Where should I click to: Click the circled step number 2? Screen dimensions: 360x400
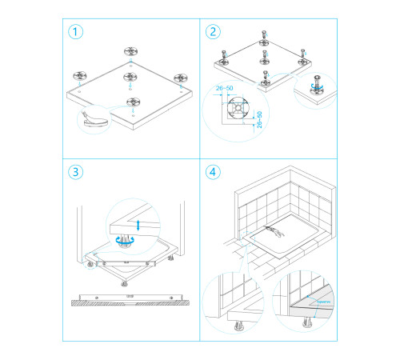[212, 33]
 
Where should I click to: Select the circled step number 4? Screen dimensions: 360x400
[212, 172]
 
